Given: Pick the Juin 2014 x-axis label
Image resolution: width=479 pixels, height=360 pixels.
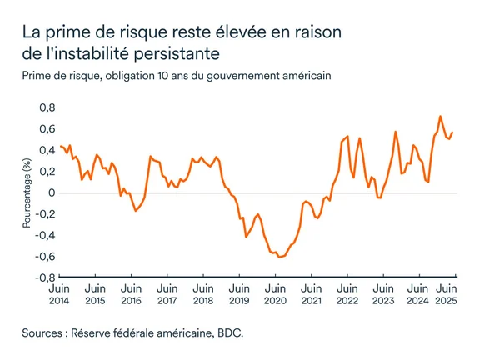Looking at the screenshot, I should (60, 293).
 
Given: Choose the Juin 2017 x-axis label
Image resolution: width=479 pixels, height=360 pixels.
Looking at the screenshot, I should (167, 293).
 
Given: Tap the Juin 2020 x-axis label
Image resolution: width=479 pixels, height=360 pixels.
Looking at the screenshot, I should (275, 293).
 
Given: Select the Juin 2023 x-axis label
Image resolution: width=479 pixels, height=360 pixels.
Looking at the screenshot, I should (382, 293).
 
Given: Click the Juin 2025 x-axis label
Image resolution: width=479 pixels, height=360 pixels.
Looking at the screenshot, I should (447, 293).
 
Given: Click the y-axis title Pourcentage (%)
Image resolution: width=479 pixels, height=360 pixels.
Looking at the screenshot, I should (27, 192).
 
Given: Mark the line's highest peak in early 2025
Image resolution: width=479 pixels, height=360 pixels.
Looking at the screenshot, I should (440, 117).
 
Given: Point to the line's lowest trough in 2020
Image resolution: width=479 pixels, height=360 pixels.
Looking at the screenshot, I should (279, 257).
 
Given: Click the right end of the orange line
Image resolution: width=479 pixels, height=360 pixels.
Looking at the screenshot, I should (452, 132).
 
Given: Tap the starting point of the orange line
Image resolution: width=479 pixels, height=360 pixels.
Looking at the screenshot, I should (60, 146).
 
